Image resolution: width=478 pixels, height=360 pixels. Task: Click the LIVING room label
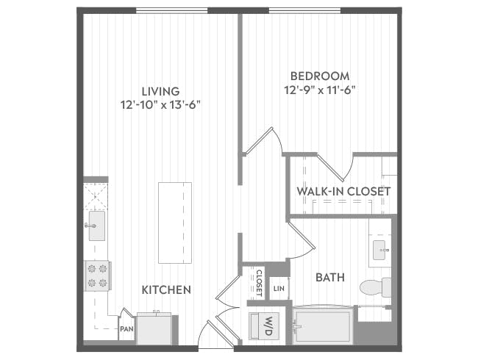160,90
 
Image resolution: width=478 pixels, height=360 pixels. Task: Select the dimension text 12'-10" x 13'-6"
160,104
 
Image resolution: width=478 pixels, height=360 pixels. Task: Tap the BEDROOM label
319,76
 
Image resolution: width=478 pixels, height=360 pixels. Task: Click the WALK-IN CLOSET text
343,192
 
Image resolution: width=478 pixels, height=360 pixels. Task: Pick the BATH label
330,278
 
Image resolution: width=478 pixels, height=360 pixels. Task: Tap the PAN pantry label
126,329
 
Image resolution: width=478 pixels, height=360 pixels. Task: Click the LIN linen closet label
279,289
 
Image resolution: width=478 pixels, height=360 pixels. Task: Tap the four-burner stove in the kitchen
96,276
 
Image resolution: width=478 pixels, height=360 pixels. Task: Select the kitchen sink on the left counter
96,226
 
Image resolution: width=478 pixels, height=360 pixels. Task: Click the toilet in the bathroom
377,287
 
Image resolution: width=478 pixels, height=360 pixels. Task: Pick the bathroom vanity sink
381,249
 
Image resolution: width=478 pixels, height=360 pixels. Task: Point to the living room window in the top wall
171,10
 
